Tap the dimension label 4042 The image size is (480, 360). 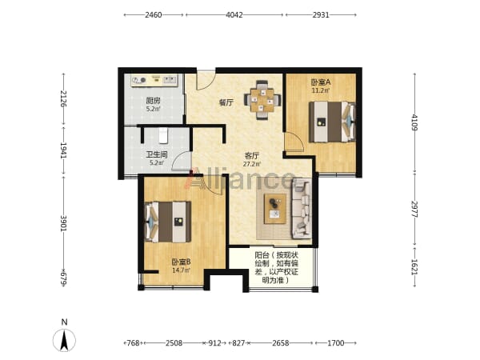coord(234,14)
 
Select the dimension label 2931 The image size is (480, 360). coord(321,14)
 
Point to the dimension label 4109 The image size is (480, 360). coord(414,122)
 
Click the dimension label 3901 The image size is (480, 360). coord(63,223)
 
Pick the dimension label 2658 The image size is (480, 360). coord(281,343)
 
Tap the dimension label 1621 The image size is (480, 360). coord(414,267)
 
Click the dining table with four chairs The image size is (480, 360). coord(262,100)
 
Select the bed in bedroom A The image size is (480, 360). coord(332,122)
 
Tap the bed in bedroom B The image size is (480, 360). coord(168,222)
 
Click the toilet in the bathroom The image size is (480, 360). coord(163,136)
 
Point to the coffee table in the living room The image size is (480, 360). coord(275,208)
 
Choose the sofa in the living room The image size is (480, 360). coord(302,209)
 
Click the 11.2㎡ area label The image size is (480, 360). coord(321,90)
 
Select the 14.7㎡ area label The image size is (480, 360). coord(181,270)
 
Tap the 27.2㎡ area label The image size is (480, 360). coord(252,164)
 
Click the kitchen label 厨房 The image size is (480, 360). coord(153,101)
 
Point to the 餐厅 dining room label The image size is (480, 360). coord(226,103)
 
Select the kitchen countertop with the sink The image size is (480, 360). coord(154,80)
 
